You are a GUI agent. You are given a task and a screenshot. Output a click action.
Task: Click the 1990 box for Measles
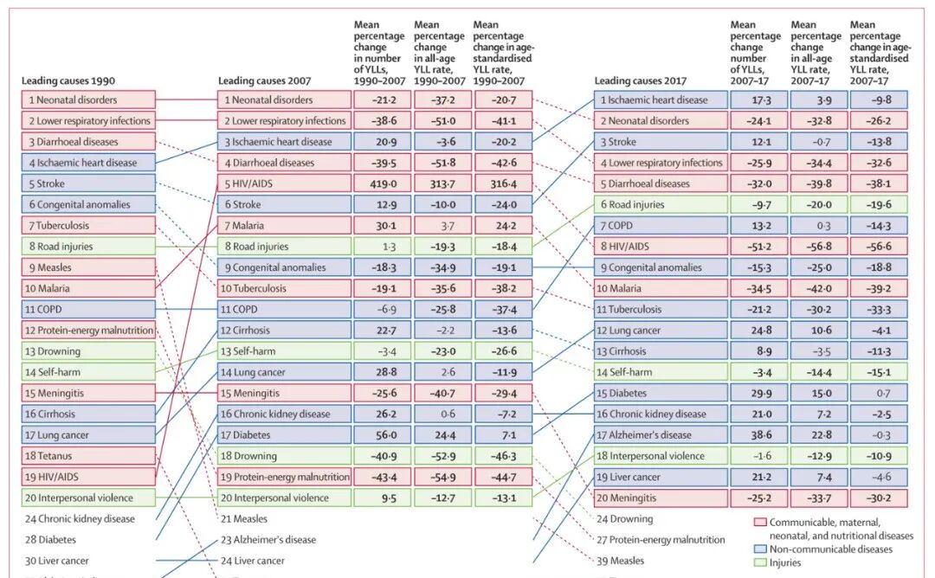coord(88,267)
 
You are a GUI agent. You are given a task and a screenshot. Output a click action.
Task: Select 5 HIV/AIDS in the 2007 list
coord(284,183)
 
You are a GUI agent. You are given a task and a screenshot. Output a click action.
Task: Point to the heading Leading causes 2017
coord(640,81)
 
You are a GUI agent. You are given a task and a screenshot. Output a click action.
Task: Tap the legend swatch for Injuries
coord(760,562)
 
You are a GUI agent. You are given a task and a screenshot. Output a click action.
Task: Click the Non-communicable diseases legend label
coord(830,549)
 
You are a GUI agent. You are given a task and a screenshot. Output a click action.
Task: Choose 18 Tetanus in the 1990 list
coord(88,456)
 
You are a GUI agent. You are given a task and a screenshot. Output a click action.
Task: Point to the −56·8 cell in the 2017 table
coord(816,247)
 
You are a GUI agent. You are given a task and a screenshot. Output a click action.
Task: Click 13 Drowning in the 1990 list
coord(88,351)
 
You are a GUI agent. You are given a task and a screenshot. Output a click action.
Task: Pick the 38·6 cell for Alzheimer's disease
coord(755,435)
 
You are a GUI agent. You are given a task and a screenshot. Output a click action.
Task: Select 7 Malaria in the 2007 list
coord(284,225)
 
